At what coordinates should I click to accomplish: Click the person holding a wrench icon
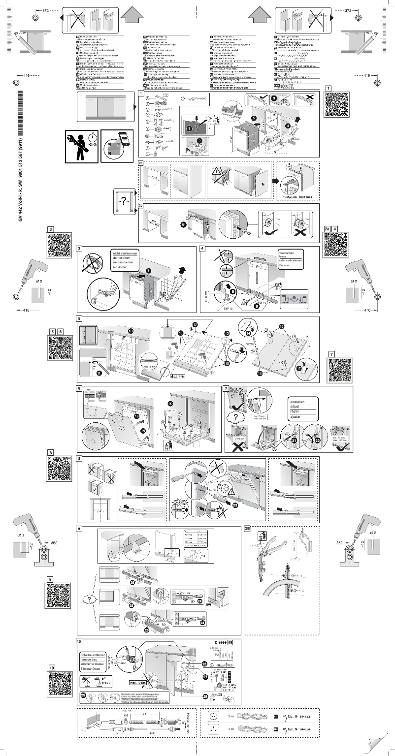coord(82,145)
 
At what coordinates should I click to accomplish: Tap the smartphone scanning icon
coord(117,146)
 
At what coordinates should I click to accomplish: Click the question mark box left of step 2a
coord(124,201)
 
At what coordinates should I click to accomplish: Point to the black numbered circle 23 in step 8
coord(235,504)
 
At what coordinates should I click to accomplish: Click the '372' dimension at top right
coord(348,10)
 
